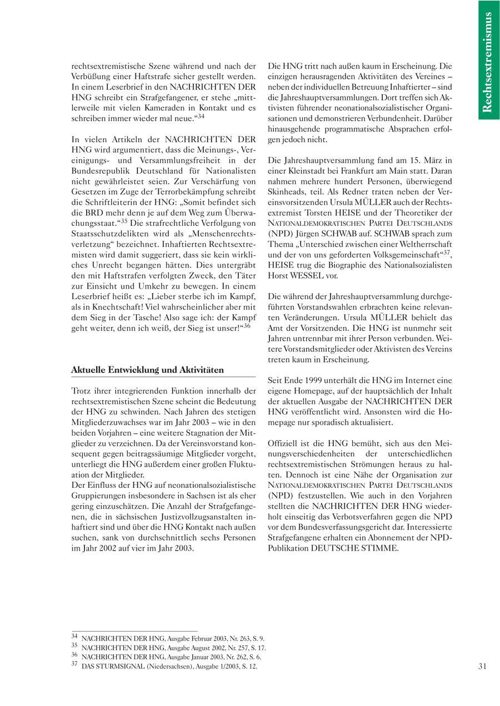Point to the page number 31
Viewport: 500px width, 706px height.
point(482,666)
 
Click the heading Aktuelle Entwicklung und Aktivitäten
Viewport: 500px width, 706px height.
point(147,370)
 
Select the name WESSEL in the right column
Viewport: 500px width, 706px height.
point(306,275)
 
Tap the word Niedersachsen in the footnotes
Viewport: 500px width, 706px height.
point(167,666)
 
